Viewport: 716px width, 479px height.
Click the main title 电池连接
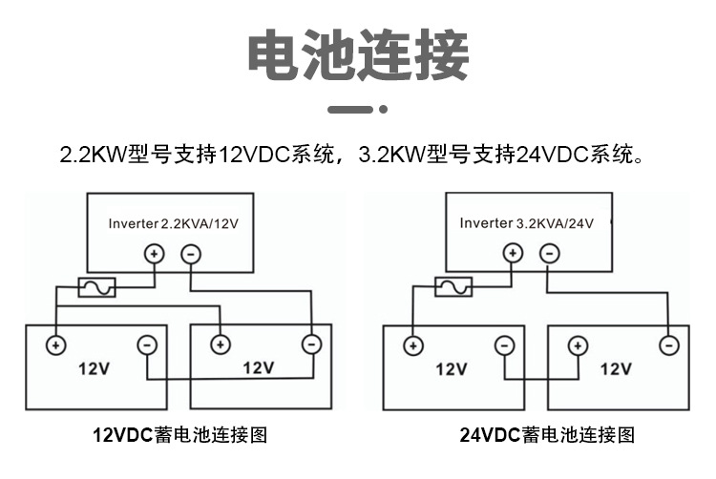point(358,54)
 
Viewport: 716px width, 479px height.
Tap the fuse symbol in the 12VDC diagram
point(96,287)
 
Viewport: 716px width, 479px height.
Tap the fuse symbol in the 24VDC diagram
point(453,287)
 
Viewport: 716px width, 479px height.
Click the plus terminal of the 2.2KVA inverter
point(155,254)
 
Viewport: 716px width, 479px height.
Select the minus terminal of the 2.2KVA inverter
point(191,254)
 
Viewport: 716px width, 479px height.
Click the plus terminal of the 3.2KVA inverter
point(513,253)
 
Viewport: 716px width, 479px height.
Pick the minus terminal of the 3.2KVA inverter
point(549,253)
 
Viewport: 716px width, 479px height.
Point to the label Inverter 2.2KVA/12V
point(174,223)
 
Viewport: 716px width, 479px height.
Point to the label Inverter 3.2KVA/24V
point(526,223)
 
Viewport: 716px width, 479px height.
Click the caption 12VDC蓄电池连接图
point(179,435)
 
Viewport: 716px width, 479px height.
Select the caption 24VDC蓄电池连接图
point(547,435)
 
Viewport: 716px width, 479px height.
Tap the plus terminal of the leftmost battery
point(55,345)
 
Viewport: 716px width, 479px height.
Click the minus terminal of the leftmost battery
point(147,345)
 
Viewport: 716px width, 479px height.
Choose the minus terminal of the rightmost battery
point(669,345)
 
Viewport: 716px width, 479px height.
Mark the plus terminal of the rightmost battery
point(578,345)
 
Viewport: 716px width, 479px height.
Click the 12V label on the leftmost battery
point(95,368)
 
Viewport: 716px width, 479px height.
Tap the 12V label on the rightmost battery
point(616,368)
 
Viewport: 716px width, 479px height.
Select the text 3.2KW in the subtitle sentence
point(392,155)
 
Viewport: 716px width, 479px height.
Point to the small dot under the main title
point(384,109)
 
